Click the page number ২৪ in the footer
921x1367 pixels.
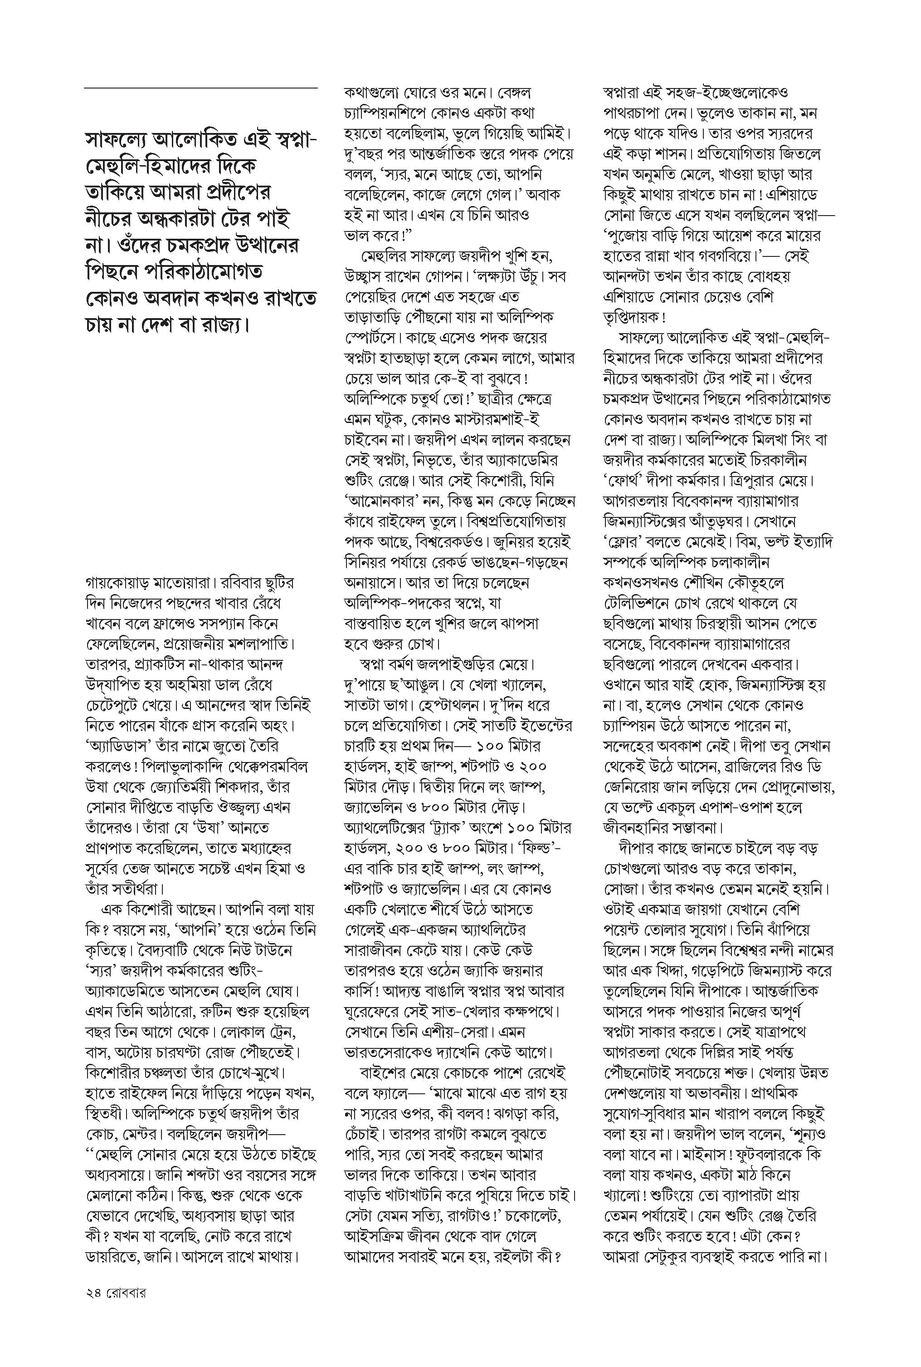pyautogui.click(x=93, y=1293)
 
